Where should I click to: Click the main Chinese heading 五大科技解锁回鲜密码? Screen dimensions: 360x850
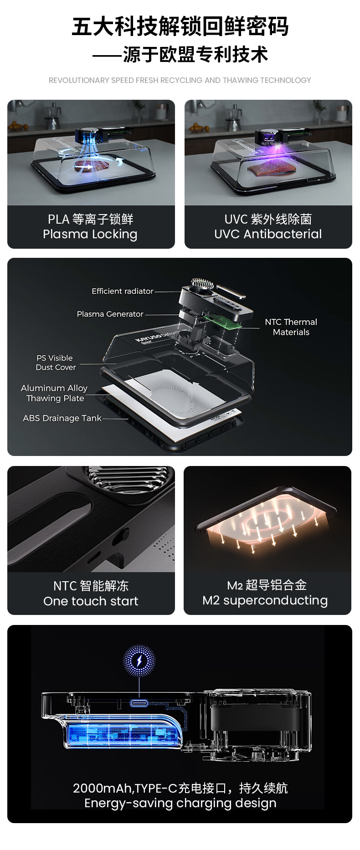tap(180, 27)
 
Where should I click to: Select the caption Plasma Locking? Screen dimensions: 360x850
tap(90, 234)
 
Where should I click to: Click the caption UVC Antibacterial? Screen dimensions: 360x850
tap(268, 234)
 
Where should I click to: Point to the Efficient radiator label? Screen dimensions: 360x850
tap(122, 291)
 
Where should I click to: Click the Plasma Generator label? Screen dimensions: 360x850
tap(110, 314)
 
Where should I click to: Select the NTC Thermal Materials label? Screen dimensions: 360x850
tap(291, 327)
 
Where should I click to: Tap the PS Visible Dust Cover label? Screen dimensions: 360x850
tap(55, 363)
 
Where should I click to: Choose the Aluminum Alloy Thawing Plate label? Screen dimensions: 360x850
tap(55, 393)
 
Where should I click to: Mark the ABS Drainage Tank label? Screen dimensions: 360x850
tap(62, 418)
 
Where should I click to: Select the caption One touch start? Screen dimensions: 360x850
tap(91, 601)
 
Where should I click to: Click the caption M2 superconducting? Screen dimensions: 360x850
tap(265, 601)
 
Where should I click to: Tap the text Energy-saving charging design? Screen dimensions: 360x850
tap(180, 803)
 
